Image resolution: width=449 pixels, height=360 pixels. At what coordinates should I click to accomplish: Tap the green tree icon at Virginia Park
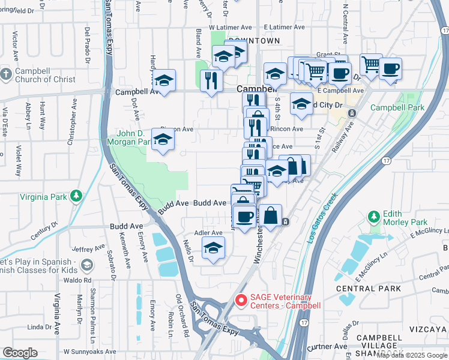(x=76, y=196)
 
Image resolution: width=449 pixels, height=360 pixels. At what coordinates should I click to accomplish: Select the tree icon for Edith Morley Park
(x=375, y=216)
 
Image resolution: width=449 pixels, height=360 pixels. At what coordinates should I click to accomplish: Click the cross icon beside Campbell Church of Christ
(x=6, y=74)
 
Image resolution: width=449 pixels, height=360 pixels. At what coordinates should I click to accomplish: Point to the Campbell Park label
(x=397, y=108)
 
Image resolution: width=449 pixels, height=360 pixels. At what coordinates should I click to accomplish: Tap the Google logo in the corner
(x=20, y=353)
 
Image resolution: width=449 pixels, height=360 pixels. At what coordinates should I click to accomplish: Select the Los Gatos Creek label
(x=322, y=217)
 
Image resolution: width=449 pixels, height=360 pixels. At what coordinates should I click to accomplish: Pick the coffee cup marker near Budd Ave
(x=244, y=217)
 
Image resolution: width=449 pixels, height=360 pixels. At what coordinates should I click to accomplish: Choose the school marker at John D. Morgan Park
(x=162, y=140)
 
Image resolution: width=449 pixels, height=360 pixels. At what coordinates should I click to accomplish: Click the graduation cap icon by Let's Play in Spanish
(x=87, y=265)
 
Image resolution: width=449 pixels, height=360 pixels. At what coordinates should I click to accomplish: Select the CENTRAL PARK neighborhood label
(x=360, y=289)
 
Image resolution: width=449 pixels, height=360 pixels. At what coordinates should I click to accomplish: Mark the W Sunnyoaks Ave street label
(x=89, y=352)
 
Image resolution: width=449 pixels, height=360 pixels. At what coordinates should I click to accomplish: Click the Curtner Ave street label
(x=328, y=346)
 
